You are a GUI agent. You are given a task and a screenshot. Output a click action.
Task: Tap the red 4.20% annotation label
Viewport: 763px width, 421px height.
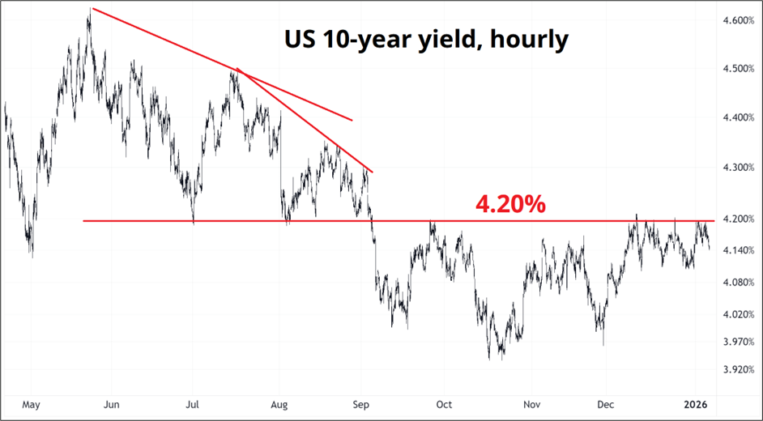pos(509,204)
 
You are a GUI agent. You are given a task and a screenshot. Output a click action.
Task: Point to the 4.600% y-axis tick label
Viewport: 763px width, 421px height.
pos(737,19)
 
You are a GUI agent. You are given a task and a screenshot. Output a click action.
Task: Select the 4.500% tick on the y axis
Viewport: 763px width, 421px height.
pos(737,68)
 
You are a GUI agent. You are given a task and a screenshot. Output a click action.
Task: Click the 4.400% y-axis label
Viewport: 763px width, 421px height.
pos(737,117)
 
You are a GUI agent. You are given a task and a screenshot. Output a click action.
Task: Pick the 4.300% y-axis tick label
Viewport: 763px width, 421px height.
pos(737,168)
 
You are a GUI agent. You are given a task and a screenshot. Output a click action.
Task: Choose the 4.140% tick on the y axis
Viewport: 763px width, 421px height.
pos(737,250)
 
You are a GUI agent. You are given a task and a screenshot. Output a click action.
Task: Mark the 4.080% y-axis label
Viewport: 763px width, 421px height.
pos(737,282)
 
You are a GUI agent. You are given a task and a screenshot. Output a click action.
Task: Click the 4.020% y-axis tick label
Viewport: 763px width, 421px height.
pos(737,314)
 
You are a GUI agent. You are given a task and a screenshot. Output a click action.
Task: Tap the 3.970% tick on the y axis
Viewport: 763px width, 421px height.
pos(737,342)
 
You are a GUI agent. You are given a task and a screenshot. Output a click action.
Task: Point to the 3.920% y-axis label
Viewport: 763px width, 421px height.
pos(737,370)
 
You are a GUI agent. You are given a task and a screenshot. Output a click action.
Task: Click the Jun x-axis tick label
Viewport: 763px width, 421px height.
pos(113,403)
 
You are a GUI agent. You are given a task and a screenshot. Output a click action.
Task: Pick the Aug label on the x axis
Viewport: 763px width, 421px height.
pos(279,403)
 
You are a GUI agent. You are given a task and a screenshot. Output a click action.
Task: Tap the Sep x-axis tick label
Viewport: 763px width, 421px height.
pos(363,403)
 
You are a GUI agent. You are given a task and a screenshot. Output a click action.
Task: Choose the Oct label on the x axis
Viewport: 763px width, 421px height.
pos(444,403)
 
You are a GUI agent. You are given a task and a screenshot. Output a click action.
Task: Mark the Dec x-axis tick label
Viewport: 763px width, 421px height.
pos(604,403)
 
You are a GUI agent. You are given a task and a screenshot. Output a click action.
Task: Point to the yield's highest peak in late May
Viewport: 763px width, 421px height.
pos(90,10)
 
